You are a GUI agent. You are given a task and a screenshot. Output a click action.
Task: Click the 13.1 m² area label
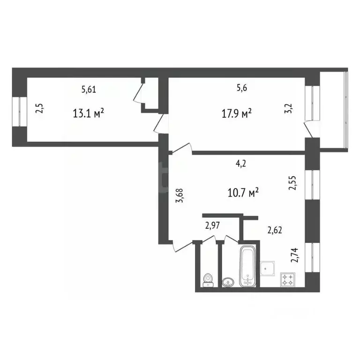88,113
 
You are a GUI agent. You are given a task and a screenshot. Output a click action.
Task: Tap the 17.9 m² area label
237,113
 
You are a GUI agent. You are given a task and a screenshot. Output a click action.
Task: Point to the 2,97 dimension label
213,225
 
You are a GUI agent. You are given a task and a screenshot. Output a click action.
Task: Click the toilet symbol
207,280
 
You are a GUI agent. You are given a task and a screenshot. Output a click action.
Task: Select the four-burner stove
287,280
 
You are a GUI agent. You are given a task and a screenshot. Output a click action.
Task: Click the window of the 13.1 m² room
19,111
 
